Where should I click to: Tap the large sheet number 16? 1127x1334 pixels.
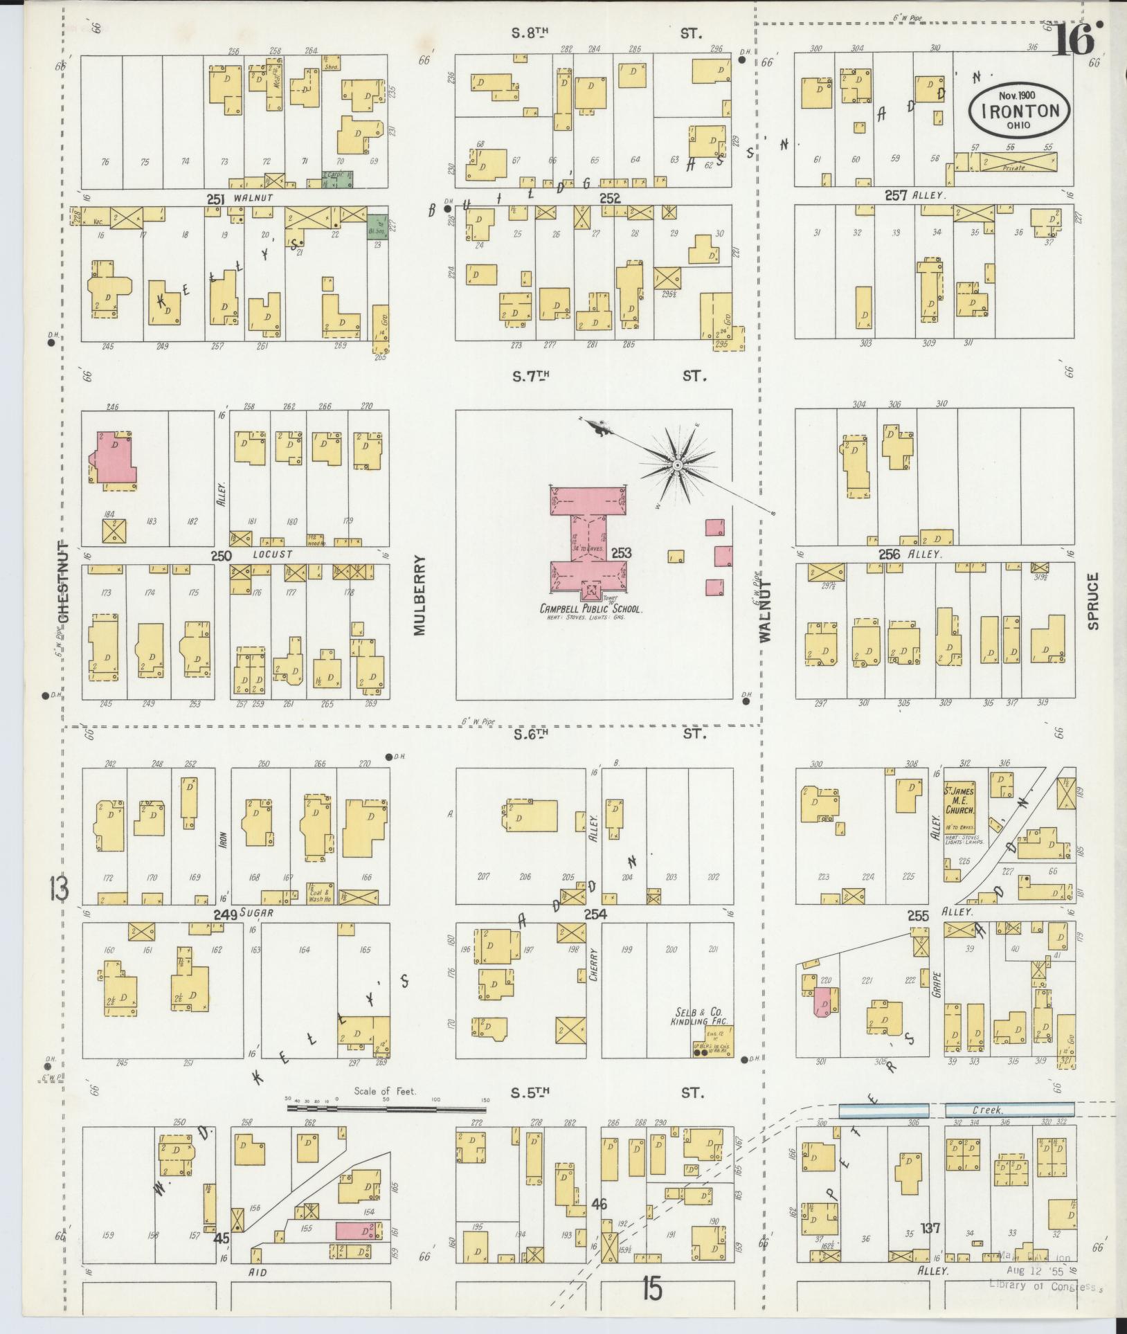click(1076, 40)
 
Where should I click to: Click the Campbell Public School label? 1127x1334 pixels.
click(592, 609)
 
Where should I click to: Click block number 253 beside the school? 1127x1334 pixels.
click(621, 553)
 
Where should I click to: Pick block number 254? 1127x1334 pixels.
click(595, 914)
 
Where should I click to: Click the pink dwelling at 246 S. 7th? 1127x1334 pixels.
click(115, 458)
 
